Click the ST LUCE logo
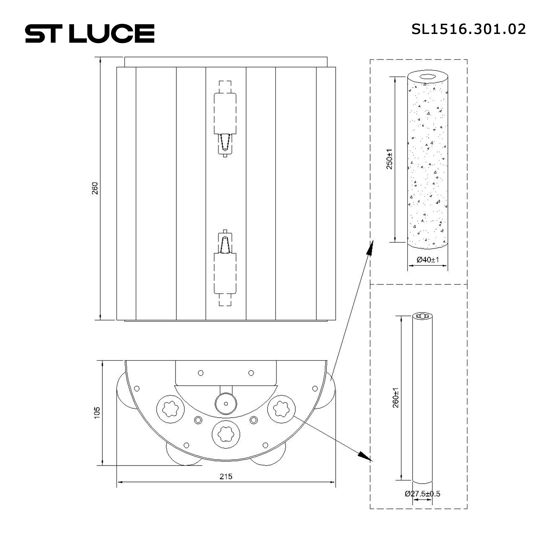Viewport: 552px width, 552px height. (90, 33)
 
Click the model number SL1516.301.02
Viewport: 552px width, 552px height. (468, 29)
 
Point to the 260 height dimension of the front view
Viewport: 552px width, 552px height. (95, 188)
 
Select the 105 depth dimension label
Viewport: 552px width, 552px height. (97, 413)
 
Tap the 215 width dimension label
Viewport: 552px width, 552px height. (226, 477)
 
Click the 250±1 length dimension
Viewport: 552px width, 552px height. (389, 159)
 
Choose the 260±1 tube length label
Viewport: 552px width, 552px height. (396, 398)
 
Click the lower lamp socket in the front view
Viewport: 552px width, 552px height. (225, 273)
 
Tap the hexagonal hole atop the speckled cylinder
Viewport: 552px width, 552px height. (428, 76)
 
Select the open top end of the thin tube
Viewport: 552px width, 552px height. (423, 316)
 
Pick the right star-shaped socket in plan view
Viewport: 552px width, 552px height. (281, 409)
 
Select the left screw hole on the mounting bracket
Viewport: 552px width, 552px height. (201, 373)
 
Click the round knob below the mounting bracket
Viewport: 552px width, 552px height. (226, 404)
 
